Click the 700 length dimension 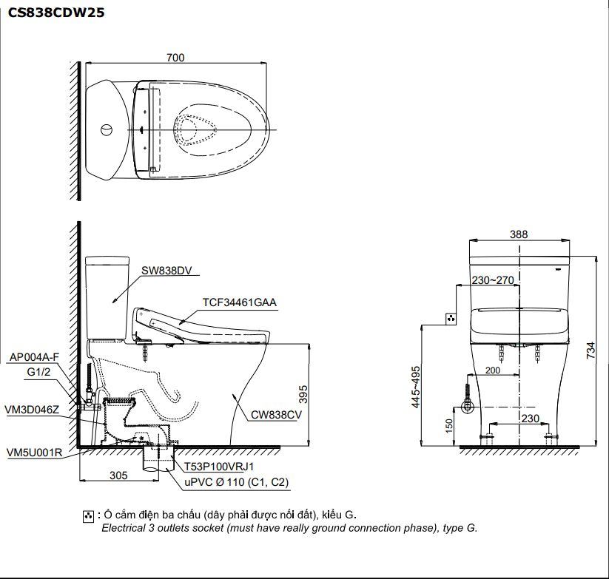pos(175,58)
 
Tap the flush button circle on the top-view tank pos(107,131)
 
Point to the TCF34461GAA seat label pos(240,302)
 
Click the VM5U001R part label pos(34,452)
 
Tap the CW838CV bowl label pos(276,416)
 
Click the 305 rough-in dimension pos(118,475)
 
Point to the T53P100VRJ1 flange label pos(219,467)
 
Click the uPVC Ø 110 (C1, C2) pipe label pos(237,482)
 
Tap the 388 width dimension pos(519,234)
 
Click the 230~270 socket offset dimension pos(492,280)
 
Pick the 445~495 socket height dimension pos(416,387)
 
